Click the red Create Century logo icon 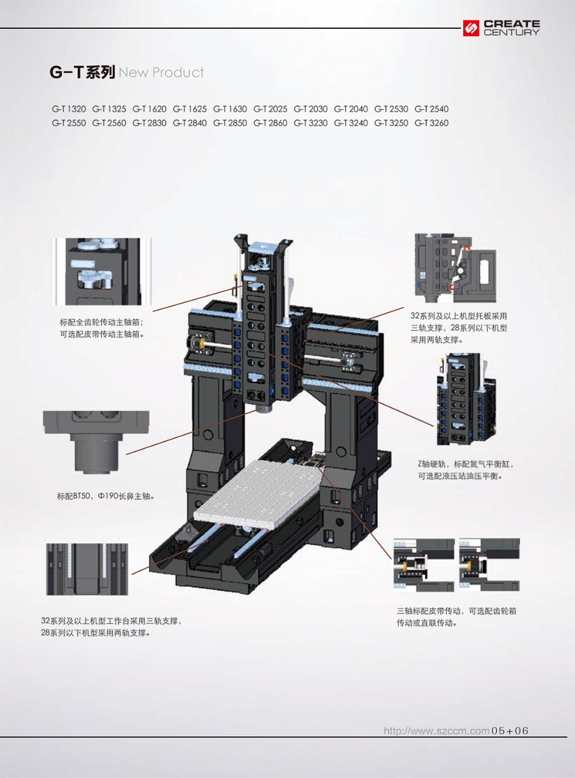[x=471, y=28]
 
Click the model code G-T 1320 [x=69, y=109]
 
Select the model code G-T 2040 [x=351, y=109]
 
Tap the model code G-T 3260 [x=432, y=123]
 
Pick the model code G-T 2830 [x=149, y=123]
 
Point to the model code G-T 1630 [x=230, y=109]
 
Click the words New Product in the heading [x=161, y=73]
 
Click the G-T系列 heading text [x=82, y=72]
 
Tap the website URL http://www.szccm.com [x=436, y=731]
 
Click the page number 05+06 [x=510, y=731]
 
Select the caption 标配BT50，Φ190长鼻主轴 [x=106, y=496]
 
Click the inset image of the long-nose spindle [x=96, y=443]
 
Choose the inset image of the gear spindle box [x=102, y=272]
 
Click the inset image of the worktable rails [x=87, y=569]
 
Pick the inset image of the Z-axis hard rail [x=467, y=399]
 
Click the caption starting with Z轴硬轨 [x=466, y=470]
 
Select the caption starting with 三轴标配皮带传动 [x=457, y=617]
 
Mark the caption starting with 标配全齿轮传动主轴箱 [x=102, y=328]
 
